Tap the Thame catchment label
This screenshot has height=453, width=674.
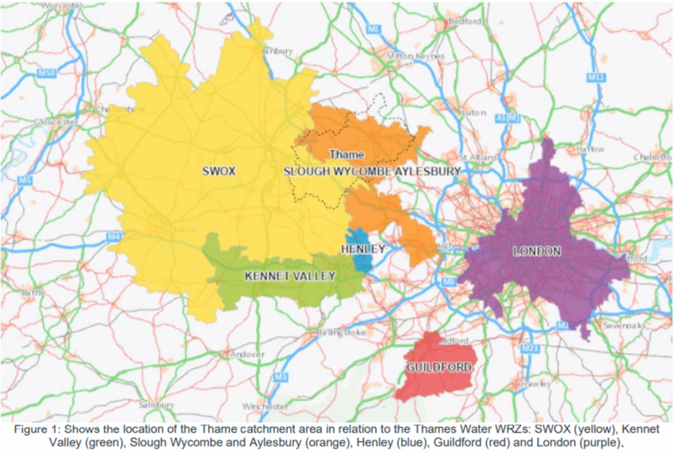click(x=346, y=155)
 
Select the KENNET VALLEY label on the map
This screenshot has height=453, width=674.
click(x=290, y=276)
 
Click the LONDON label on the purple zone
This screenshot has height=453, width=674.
click(x=536, y=251)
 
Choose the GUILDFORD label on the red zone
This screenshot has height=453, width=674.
click(x=432, y=367)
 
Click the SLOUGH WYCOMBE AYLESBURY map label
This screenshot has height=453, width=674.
click(x=371, y=171)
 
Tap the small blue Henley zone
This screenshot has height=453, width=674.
click(x=361, y=260)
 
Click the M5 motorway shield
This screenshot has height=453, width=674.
click(x=26, y=179)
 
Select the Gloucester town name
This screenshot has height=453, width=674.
click(x=57, y=122)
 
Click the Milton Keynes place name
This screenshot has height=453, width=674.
click(x=416, y=57)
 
